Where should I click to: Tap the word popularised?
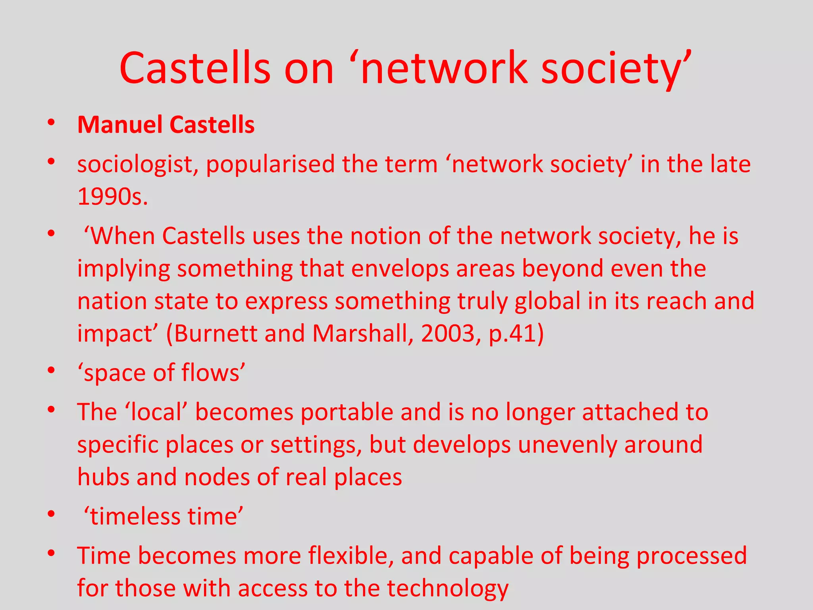[270, 164]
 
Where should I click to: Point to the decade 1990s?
[112, 197]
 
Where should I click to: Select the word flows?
[210, 373]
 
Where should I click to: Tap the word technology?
[447, 589]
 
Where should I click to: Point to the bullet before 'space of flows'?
[51, 371]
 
